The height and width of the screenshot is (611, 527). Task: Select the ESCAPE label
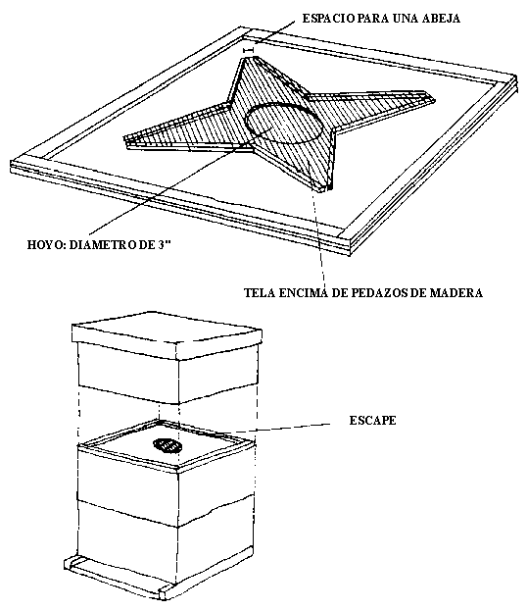[372, 421]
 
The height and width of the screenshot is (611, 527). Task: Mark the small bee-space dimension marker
[248, 50]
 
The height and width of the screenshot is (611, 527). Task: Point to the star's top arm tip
[250, 58]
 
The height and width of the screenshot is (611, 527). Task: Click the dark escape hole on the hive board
[168, 445]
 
